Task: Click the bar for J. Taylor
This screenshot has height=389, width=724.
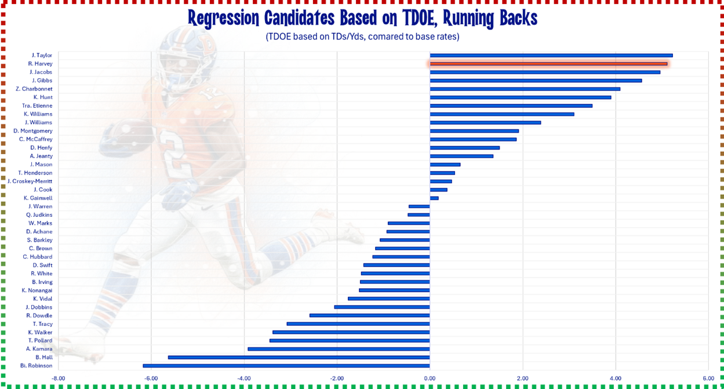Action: [x=551, y=56]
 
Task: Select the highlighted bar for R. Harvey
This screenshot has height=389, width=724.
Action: [x=548, y=64]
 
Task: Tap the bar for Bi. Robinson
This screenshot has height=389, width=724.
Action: [x=286, y=366]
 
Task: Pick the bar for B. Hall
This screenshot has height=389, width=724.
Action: [x=299, y=358]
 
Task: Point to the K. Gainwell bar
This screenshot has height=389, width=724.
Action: [x=434, y=198]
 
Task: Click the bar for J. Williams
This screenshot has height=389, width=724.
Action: [x=485, y=123]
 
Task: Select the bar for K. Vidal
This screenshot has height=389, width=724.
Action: [x=388, y=299]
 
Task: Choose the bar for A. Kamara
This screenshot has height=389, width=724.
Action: [x=339, y=349]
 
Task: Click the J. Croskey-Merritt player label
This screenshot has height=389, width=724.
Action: [x=30, y=181]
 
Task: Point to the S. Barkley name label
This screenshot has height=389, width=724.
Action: [x=39, y=240]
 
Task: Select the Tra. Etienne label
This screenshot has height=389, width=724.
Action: [x=37, y=106]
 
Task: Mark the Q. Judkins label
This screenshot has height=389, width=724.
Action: [x=39, y=215]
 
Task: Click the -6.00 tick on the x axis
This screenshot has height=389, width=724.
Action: [x=151, y=378]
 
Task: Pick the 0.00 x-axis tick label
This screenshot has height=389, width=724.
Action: [x=430, y=378]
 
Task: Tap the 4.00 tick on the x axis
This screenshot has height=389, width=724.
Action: [x=615, y=378]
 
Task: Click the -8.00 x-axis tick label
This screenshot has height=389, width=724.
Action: [x=58, y=378]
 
